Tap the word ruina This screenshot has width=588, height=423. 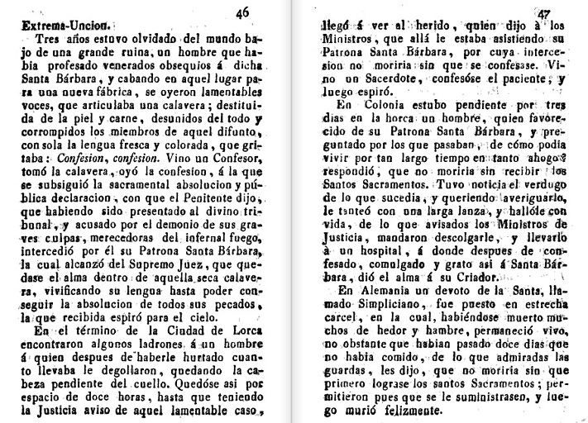tap(122, 54)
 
